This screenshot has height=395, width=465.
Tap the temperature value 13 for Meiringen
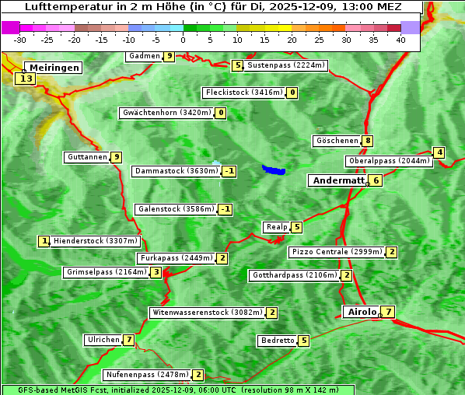(x=26, y=79)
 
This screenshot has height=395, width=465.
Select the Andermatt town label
(x=337, y=180)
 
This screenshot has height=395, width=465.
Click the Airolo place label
(x=362, y=312)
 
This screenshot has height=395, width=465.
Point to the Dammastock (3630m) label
(x=175, y=171)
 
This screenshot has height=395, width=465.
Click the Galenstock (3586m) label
(x=175, y=209)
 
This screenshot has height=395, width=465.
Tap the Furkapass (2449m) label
(x=176, y=258)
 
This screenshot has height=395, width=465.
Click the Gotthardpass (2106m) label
(x=294, y=275)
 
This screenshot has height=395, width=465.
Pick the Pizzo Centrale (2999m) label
(x=337, y=252)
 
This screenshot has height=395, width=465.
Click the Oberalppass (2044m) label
(x=388, y=161)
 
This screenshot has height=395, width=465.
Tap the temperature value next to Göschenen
(x=368, y=141)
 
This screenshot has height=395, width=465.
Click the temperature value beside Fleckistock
(x=292, y=93)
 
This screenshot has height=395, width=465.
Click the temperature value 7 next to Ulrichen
(x=128, y=340)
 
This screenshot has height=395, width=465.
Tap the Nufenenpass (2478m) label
(x=147, y=375)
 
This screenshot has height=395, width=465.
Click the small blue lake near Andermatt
(x=274, y=169)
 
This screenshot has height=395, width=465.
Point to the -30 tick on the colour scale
(x=20, y=40)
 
